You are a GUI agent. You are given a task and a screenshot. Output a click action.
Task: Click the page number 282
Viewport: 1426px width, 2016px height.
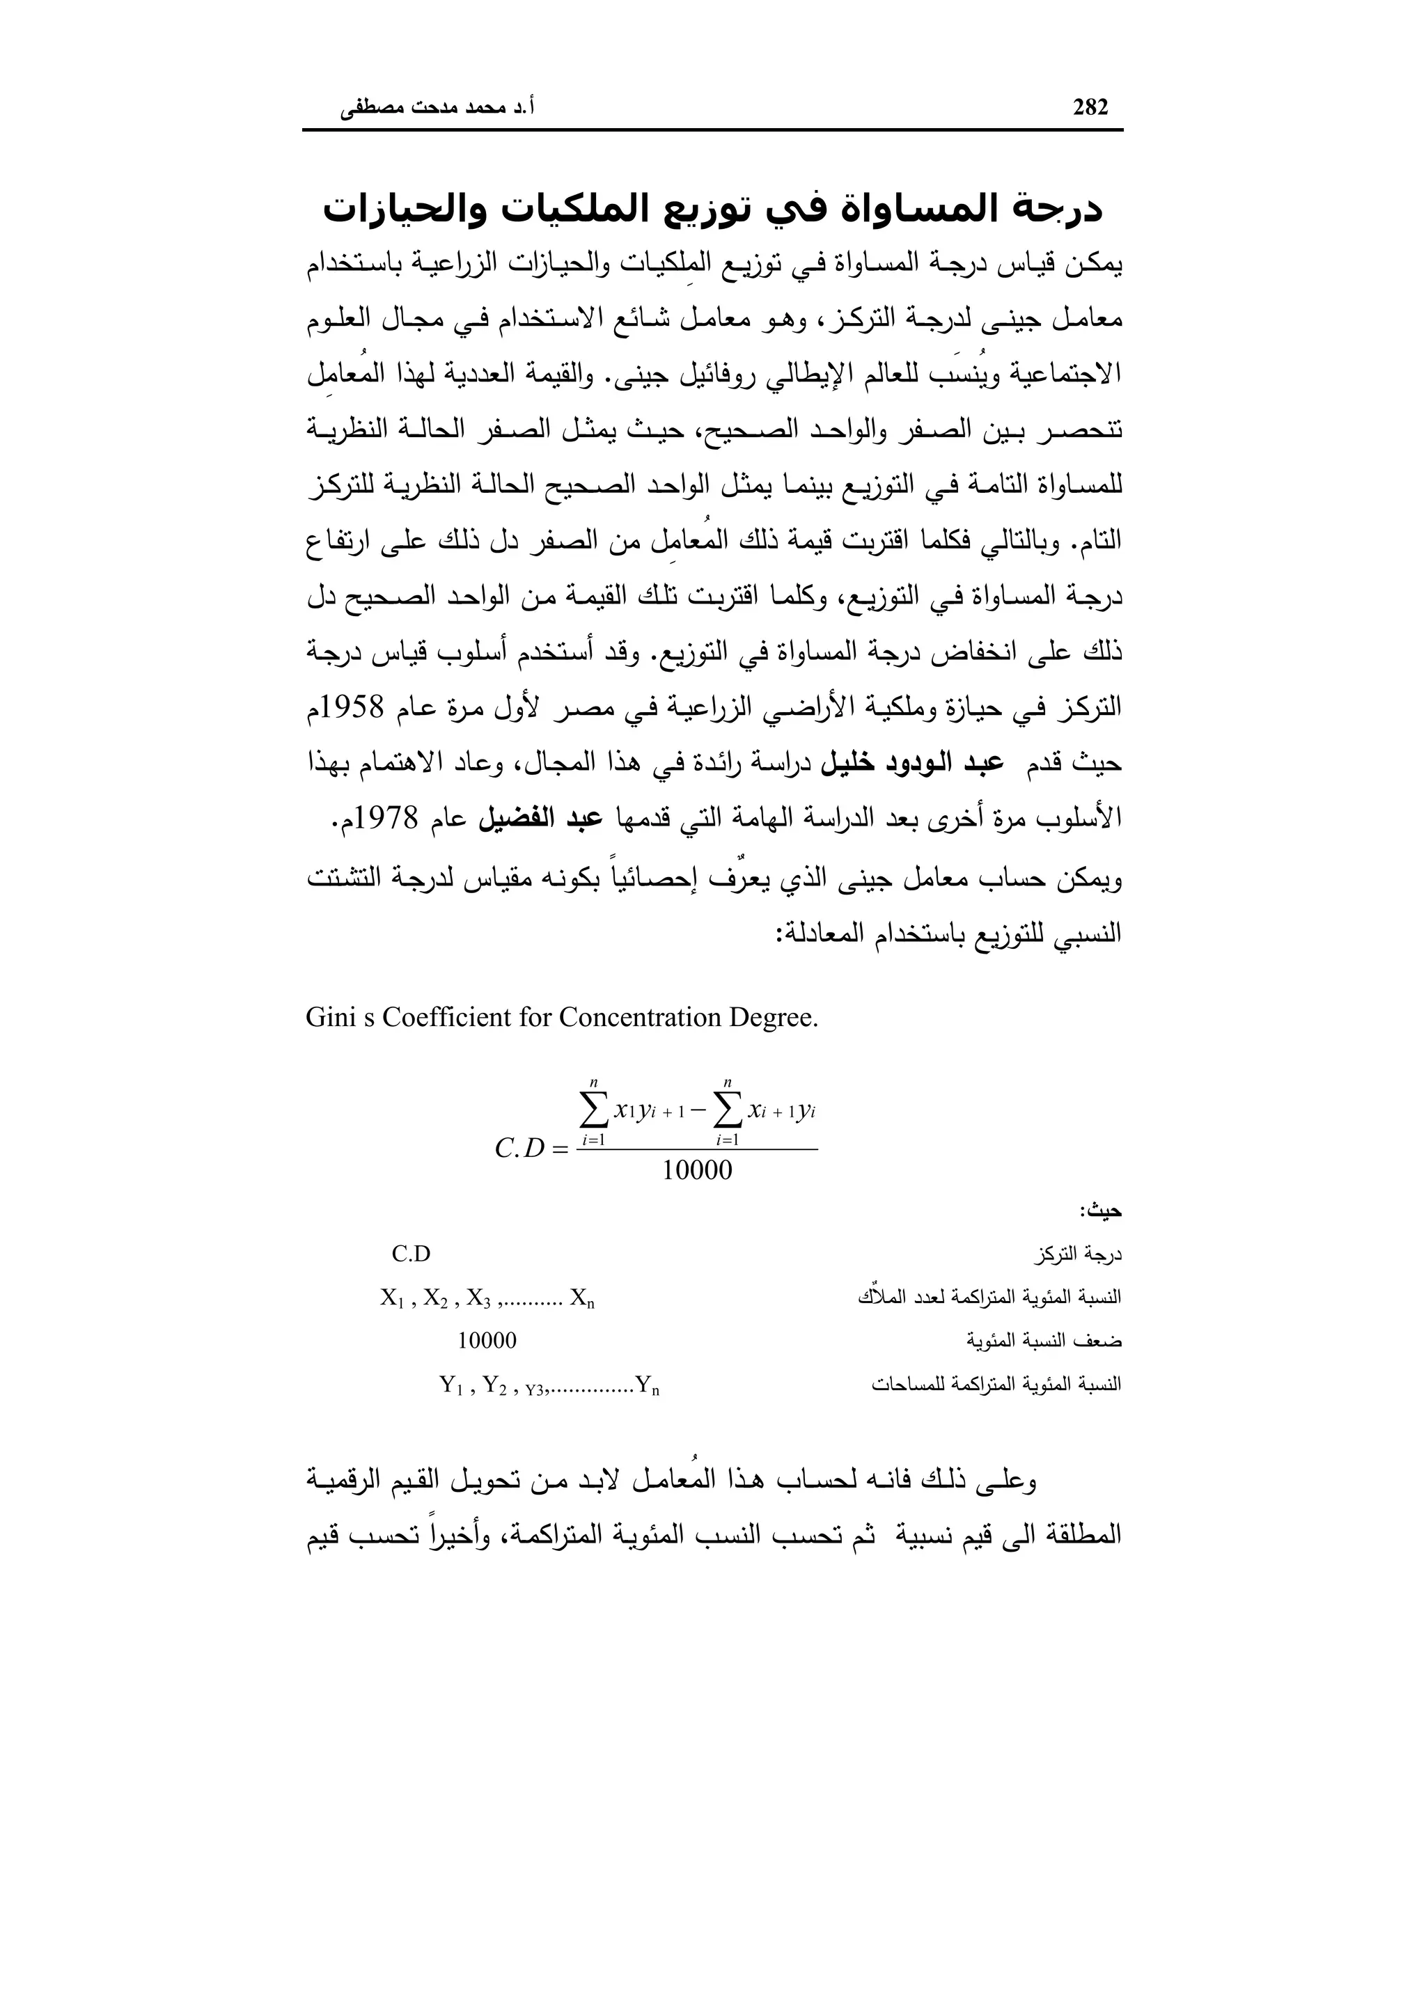pos(1090,107)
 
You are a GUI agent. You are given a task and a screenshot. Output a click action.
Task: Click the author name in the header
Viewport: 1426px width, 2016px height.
pos(438,109)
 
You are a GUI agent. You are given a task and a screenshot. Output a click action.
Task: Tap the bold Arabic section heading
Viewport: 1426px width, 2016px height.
pos(712,210)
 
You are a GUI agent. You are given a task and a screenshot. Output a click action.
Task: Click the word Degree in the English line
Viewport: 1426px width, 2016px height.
pos(773,1018)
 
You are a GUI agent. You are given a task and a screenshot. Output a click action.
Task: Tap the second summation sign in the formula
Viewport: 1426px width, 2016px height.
pos(727,1112)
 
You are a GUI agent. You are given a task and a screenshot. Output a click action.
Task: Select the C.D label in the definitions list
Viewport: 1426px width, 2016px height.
pos(411,1254)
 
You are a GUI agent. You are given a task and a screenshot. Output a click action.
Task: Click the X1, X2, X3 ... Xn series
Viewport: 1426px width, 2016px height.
pos(487,1298)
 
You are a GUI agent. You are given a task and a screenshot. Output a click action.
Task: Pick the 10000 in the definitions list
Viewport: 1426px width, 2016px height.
pos(487,1341)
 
